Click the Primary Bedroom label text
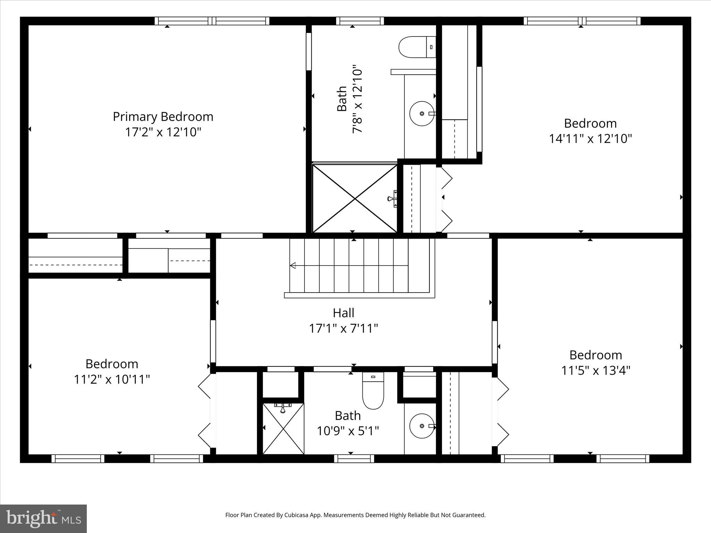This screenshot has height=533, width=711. point(163,117)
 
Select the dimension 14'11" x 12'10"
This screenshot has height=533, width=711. point(590,139)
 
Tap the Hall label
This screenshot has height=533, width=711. point(343,313)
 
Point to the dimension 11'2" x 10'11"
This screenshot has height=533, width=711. point(112,379)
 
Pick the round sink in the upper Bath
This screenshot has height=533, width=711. point(422,113)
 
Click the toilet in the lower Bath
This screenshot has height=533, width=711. point(373,390)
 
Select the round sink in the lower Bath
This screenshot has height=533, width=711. point(422,426)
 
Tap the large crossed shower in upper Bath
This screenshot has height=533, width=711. point(354,198)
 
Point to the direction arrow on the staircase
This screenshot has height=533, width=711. point(293,265)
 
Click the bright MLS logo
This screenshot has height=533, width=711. point(43,518)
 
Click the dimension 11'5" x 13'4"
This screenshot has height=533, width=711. point(596,371)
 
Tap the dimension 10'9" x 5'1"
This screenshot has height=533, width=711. point(348,431)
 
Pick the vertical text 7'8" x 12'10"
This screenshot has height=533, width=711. point(358,99)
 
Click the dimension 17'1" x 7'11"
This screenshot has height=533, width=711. point(343,328)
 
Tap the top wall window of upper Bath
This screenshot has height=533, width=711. point(360,21)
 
